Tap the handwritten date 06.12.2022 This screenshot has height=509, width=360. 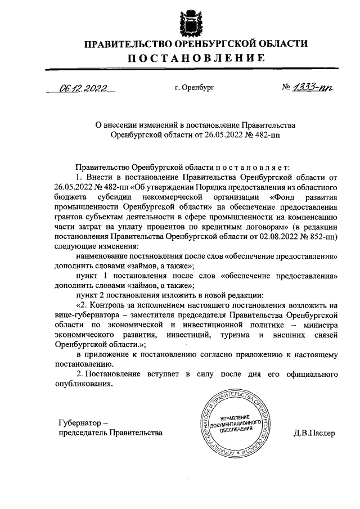(84, 87)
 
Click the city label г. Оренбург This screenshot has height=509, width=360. (195, 88)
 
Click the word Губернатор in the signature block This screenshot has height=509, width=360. (79, 422)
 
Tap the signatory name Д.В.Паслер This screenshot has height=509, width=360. (313, 433)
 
